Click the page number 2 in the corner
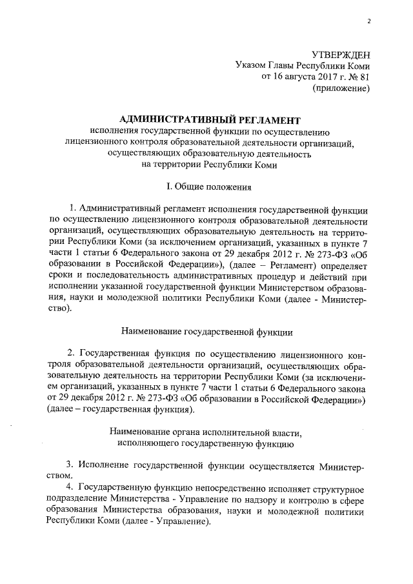(368, 21)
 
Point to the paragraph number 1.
(72, 210)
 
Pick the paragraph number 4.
(70, 487)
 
